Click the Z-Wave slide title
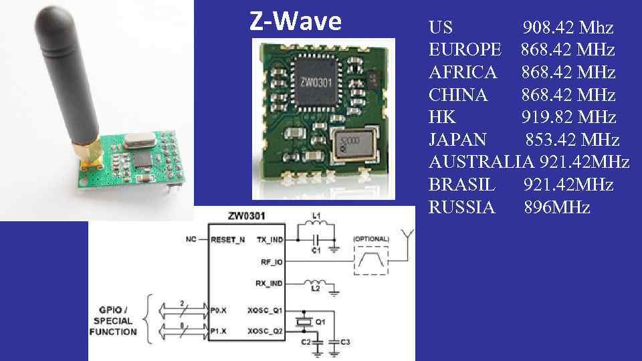click(295, 21)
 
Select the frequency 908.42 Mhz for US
click(568, 28)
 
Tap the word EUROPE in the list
click(464, 50)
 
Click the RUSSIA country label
click(461, 207)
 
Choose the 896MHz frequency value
click(556, 207)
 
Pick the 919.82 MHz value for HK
click(568, 118)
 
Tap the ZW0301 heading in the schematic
click(247, 215)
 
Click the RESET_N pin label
click(227, 239)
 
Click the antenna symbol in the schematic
click(404, 235)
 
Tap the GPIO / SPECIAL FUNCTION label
click(113, 321)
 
